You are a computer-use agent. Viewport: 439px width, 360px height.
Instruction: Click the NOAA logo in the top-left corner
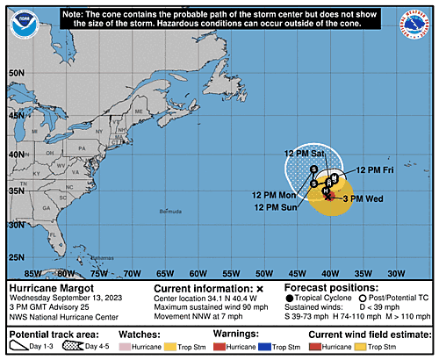[x=18, y=18]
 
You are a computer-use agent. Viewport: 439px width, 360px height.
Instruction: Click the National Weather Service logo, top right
[x=420, y=18]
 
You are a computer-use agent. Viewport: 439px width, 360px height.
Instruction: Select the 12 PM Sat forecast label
[x=304, y=155]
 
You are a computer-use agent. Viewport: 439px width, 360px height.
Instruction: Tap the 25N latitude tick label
[x=15, y=256]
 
